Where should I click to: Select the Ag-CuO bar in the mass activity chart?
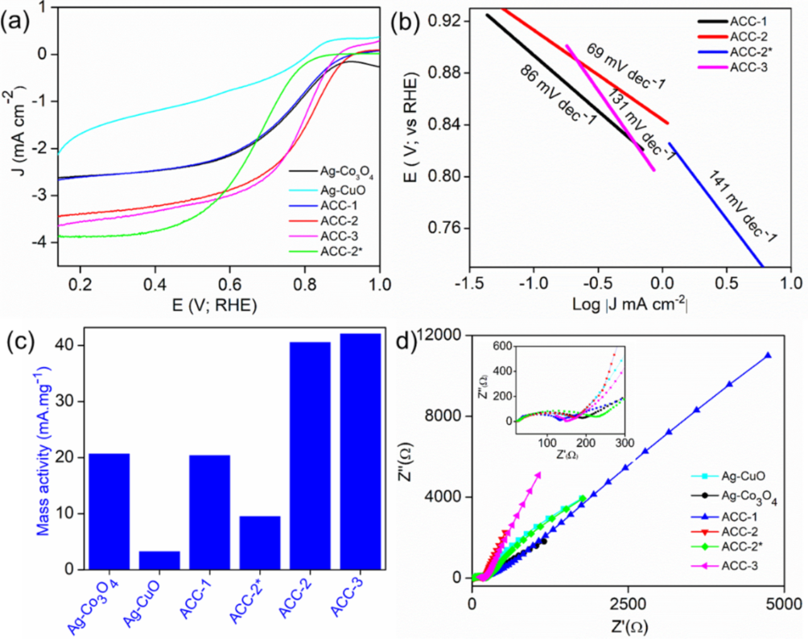point(159,560)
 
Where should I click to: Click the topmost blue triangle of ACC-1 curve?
point(768,355)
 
